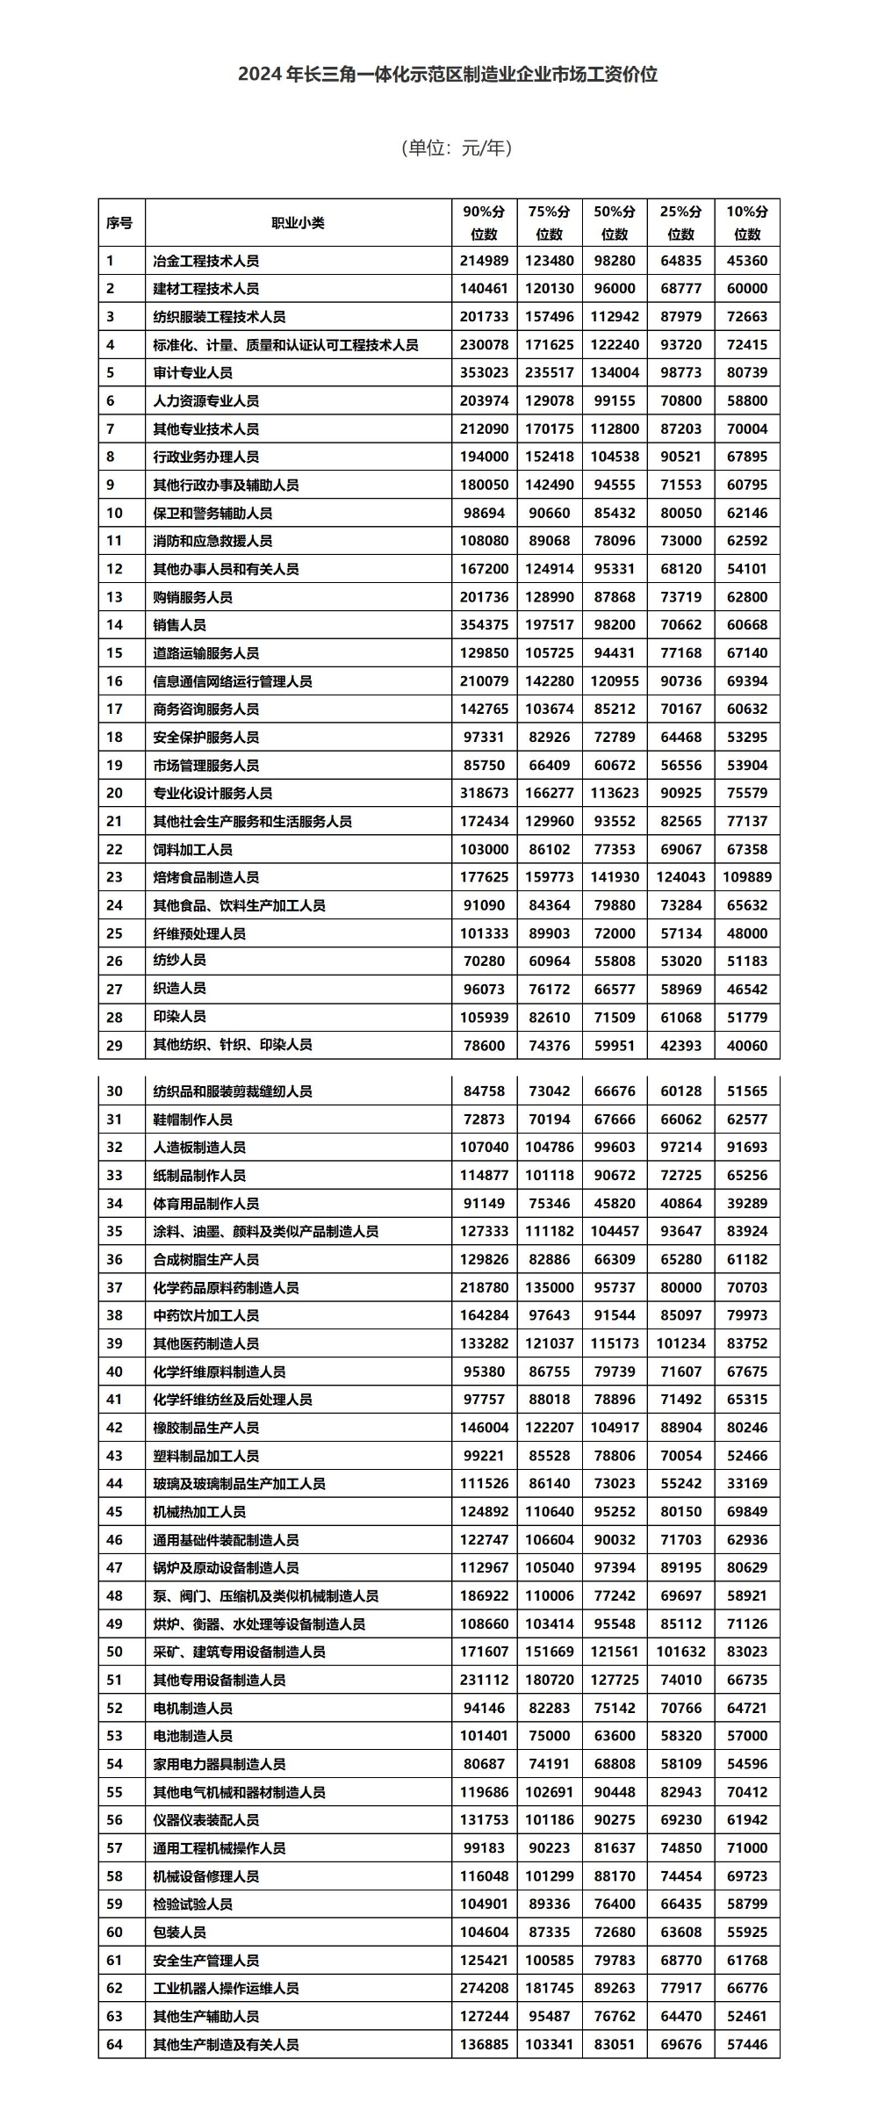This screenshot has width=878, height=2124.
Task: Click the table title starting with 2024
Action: click(447, 75)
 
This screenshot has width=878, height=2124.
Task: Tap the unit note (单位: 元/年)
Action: click(456, 148)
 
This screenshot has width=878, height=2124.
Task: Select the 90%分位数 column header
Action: click(484, 223)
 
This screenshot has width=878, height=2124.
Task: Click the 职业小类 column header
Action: click(298, 223)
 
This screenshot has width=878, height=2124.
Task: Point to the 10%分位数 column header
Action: click(746, 223)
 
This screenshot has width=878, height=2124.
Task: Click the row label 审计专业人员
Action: click(192, 372)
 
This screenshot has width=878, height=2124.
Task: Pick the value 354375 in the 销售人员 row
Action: click(484, 625)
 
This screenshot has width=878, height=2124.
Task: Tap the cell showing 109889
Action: click(746, 877)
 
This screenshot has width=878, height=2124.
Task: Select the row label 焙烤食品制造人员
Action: click(205, 877)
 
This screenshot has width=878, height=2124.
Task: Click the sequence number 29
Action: click(114, 1045)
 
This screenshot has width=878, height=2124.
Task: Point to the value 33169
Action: click(746, 1483)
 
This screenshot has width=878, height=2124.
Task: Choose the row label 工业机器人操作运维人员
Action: click(226, 1988)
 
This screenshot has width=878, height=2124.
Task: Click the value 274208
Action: click(484, 1988)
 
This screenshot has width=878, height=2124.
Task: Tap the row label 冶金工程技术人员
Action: click(205, 261)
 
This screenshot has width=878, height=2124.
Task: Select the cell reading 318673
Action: click(484, 793)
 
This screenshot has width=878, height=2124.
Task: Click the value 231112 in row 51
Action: click(484, 1680)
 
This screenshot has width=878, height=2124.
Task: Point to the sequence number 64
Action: click(114, 2044)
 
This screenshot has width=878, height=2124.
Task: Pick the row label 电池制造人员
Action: click(192, 1735)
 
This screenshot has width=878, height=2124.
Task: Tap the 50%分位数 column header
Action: click(615, 223)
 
